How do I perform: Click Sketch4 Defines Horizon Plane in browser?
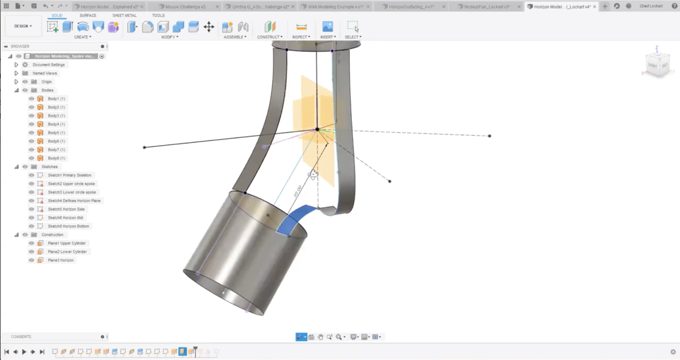coord(74,201)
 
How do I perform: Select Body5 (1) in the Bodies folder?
coord(56,133)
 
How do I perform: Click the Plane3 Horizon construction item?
coord(60,260)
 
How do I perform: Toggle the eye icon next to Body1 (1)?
coord(32,99)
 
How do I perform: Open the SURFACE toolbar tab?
coord(88,15)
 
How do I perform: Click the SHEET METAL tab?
coord(124,15)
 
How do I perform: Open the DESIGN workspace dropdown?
coord(23,26)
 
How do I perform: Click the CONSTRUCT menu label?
coord(270,37)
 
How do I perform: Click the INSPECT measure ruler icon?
coord(301,27)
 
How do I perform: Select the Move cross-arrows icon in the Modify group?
coord(209,27)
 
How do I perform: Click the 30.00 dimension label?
coord(297,191)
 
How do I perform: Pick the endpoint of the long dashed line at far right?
coord(489,136)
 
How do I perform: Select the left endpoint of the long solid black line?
coord(144,147)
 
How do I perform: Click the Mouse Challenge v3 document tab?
coord(185,6)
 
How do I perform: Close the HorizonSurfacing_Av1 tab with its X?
coord(444,6)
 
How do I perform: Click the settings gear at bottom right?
coord(673,352)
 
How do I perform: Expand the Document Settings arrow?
coord(16,65)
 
